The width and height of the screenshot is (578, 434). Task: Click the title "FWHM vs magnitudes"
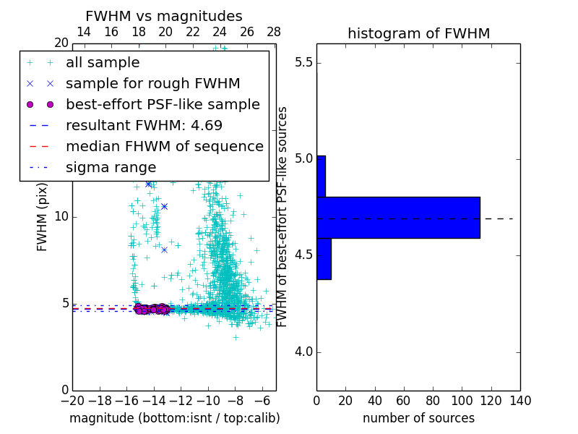[x=164, y=17]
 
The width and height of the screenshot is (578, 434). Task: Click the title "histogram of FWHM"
[x=418, y=33]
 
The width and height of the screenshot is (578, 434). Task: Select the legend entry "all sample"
[x=103, y=63]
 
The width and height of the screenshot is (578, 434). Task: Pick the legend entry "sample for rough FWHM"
[x=152, y=84]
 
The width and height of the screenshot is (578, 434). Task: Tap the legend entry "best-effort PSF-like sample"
[x=163, y=104]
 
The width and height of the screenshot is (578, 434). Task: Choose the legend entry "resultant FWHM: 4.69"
[x=144, y=125]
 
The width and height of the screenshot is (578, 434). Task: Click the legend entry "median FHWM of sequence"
[x=164, y=146]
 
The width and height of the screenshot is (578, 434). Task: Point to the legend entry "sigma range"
[x=111, y=167]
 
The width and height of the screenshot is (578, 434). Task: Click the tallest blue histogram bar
[x=398, y=217]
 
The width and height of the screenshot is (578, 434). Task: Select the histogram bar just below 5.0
[x=321, y=176]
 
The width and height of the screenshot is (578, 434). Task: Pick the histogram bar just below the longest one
[x=324, y=258]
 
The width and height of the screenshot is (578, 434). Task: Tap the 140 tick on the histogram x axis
[x=520, y=400]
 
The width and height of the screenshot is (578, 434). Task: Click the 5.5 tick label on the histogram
[x=303, y=63]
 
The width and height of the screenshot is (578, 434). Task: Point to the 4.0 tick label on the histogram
[x=303, y=352]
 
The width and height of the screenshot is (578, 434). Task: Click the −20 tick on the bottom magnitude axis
[x=72, y=400]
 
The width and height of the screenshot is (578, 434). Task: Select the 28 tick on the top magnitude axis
[x=274, y=33]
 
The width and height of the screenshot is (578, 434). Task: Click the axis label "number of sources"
[x=418, y=418]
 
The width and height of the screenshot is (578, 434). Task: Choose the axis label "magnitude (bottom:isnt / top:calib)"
[x=174, y=418]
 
